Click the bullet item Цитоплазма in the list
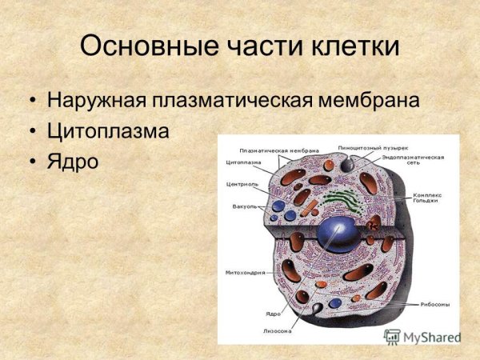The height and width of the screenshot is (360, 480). [108, 131]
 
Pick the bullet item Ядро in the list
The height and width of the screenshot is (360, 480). [73, 161]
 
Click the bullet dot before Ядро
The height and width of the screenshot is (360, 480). [31, 162]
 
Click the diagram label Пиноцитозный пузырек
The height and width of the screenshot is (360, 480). [373, 148]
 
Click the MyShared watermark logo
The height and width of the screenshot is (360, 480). [422, 337]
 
